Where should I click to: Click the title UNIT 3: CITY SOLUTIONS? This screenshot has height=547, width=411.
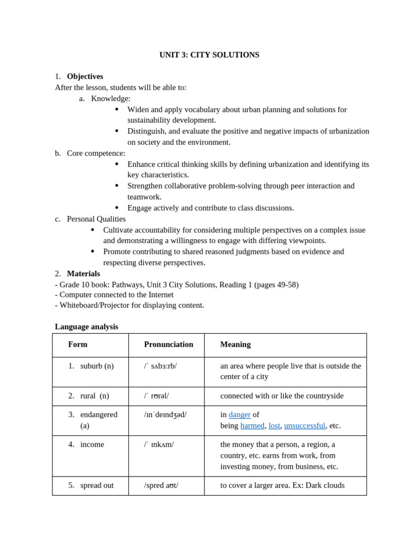point(209,55)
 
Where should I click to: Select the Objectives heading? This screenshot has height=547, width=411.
point(85,76)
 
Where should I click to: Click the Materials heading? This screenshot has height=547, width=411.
point(83,273)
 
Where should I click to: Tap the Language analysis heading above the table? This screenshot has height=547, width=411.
point(86,326)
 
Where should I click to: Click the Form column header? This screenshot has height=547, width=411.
point(78,345)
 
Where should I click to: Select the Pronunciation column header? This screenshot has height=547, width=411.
point(168,345)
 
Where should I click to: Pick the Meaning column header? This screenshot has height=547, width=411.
point(235,345)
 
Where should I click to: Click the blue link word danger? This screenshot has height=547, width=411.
point(239,415)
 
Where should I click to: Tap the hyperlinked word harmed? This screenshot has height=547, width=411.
point(252,426)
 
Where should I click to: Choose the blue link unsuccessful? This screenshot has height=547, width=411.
point(305,426)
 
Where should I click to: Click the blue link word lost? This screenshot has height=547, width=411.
point(274,426)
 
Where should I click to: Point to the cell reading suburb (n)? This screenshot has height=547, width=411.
point(96,366)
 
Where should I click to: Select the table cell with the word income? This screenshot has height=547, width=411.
point(92,444)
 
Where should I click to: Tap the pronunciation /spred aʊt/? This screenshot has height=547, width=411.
point(161,486)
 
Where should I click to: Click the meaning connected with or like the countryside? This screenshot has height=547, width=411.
point(281,396)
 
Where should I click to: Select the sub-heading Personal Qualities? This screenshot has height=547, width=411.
point(96,219)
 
